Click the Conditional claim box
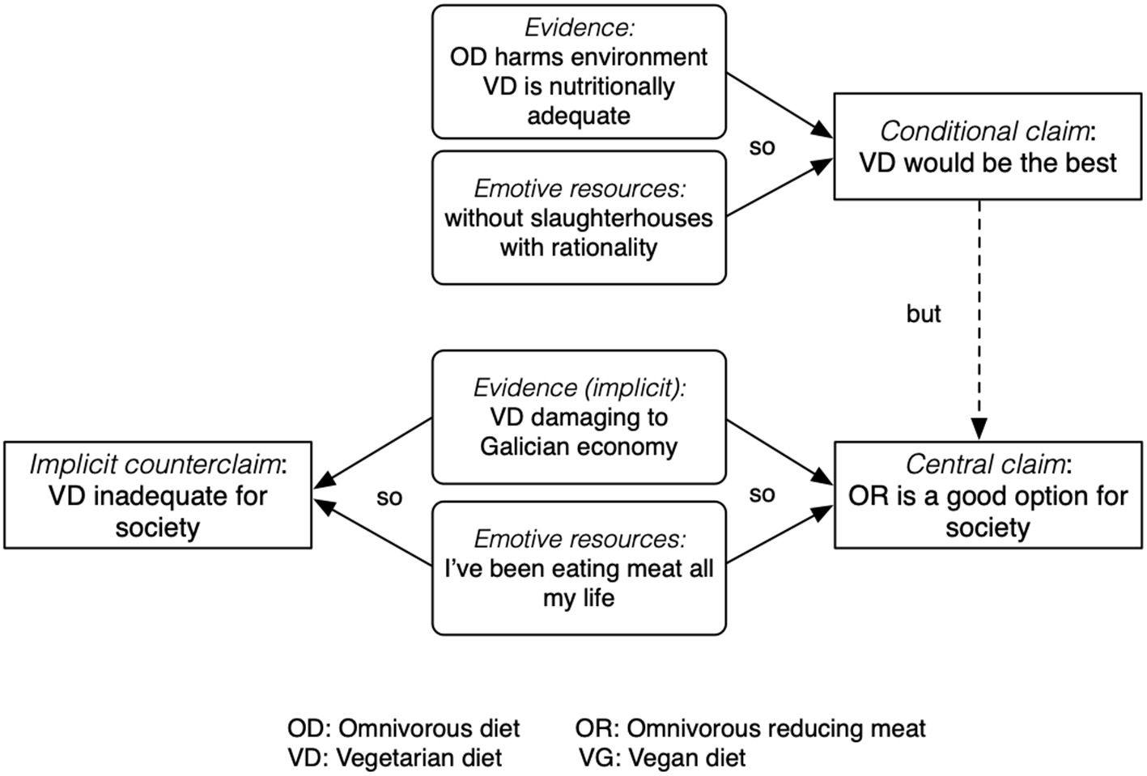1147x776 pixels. coord(988,146)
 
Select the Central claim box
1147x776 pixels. coord(988,495)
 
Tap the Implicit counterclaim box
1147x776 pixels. coord(158,495)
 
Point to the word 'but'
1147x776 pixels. coord(924,314)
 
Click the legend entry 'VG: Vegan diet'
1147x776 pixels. coord(662,758)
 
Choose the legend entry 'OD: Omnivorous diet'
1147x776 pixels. coord(403,728)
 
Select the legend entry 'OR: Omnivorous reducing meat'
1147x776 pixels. coord(750,728)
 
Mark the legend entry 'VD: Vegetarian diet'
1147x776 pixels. coord(394,758)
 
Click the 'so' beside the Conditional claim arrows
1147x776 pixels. coord(762,146)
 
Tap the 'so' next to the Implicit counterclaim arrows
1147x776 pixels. coord(389,497)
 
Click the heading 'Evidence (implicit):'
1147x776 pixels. coord(579,388)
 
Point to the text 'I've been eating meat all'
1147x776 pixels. coord(579,569)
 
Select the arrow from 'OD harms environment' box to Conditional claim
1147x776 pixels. coord(779,104)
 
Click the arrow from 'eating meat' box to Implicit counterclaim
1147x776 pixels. coord(373,532)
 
